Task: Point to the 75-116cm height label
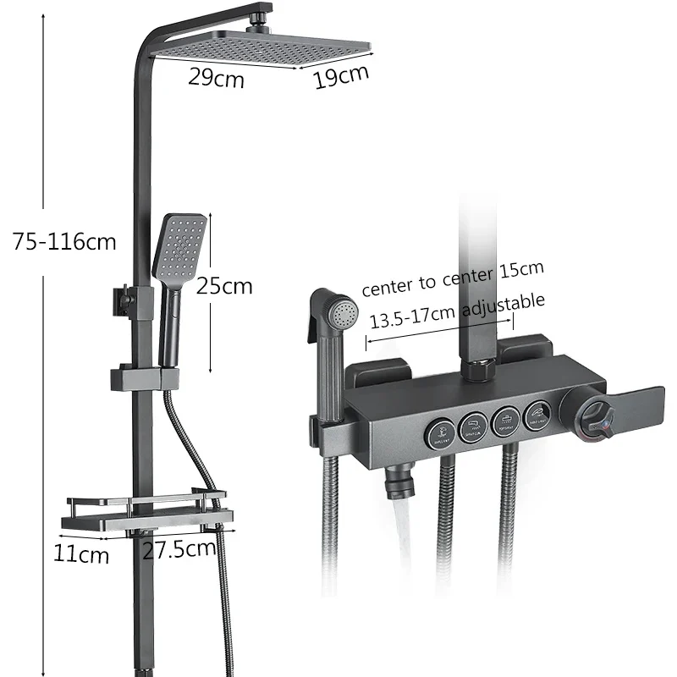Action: pos(64,242)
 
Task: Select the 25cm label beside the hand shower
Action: pos(224,286)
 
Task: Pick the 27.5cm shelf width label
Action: pos(178,548)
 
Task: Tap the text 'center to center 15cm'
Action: pos(453,278)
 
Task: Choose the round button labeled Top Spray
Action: pos(506,420)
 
